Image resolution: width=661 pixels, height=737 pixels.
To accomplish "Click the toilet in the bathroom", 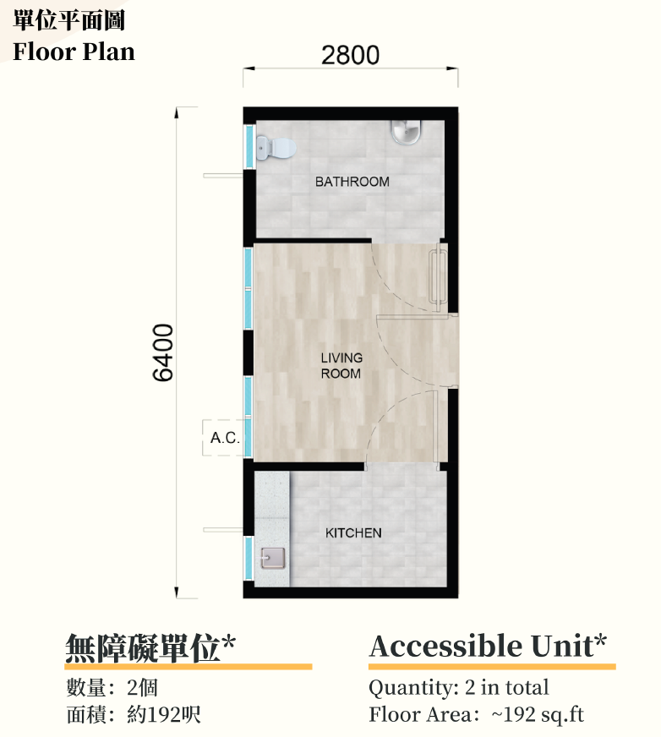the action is [276, 148].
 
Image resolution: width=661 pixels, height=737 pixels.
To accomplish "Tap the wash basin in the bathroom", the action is [407, 132].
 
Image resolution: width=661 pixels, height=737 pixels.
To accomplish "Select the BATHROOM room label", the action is [352, 182].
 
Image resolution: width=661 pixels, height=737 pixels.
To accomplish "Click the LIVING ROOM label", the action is [341, 366].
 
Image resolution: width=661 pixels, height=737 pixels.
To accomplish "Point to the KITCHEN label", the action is [353, 533].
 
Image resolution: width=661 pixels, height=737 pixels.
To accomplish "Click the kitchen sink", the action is [273, 559].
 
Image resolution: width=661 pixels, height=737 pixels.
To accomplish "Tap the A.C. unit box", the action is [224, 438].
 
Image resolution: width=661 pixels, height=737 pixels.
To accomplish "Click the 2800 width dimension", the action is [350, 55].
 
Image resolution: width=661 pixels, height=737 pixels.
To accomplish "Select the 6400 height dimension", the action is [163, 352].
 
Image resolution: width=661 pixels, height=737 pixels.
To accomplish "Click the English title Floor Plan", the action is [74, 52].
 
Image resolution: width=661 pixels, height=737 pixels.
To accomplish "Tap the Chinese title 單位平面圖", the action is [68, 20].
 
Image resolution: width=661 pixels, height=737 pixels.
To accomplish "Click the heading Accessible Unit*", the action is [488, 646].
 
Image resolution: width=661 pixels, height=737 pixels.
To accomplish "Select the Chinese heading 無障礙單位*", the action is [150, 647].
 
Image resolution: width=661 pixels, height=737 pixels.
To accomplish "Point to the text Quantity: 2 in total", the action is [459, 687].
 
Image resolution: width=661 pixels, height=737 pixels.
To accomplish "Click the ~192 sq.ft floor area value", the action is [538, 715].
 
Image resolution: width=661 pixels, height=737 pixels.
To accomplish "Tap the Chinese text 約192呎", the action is [164, 715].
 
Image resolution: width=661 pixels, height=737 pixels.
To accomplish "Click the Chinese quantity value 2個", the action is [142, 688].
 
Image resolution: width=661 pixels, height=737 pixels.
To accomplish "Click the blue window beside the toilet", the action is [249, 145].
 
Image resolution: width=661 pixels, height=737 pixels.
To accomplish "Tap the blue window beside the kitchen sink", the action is [249, 559].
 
